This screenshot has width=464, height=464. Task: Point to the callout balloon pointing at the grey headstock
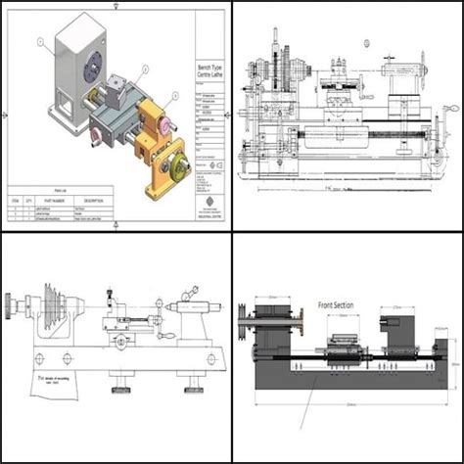click(39, 42)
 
